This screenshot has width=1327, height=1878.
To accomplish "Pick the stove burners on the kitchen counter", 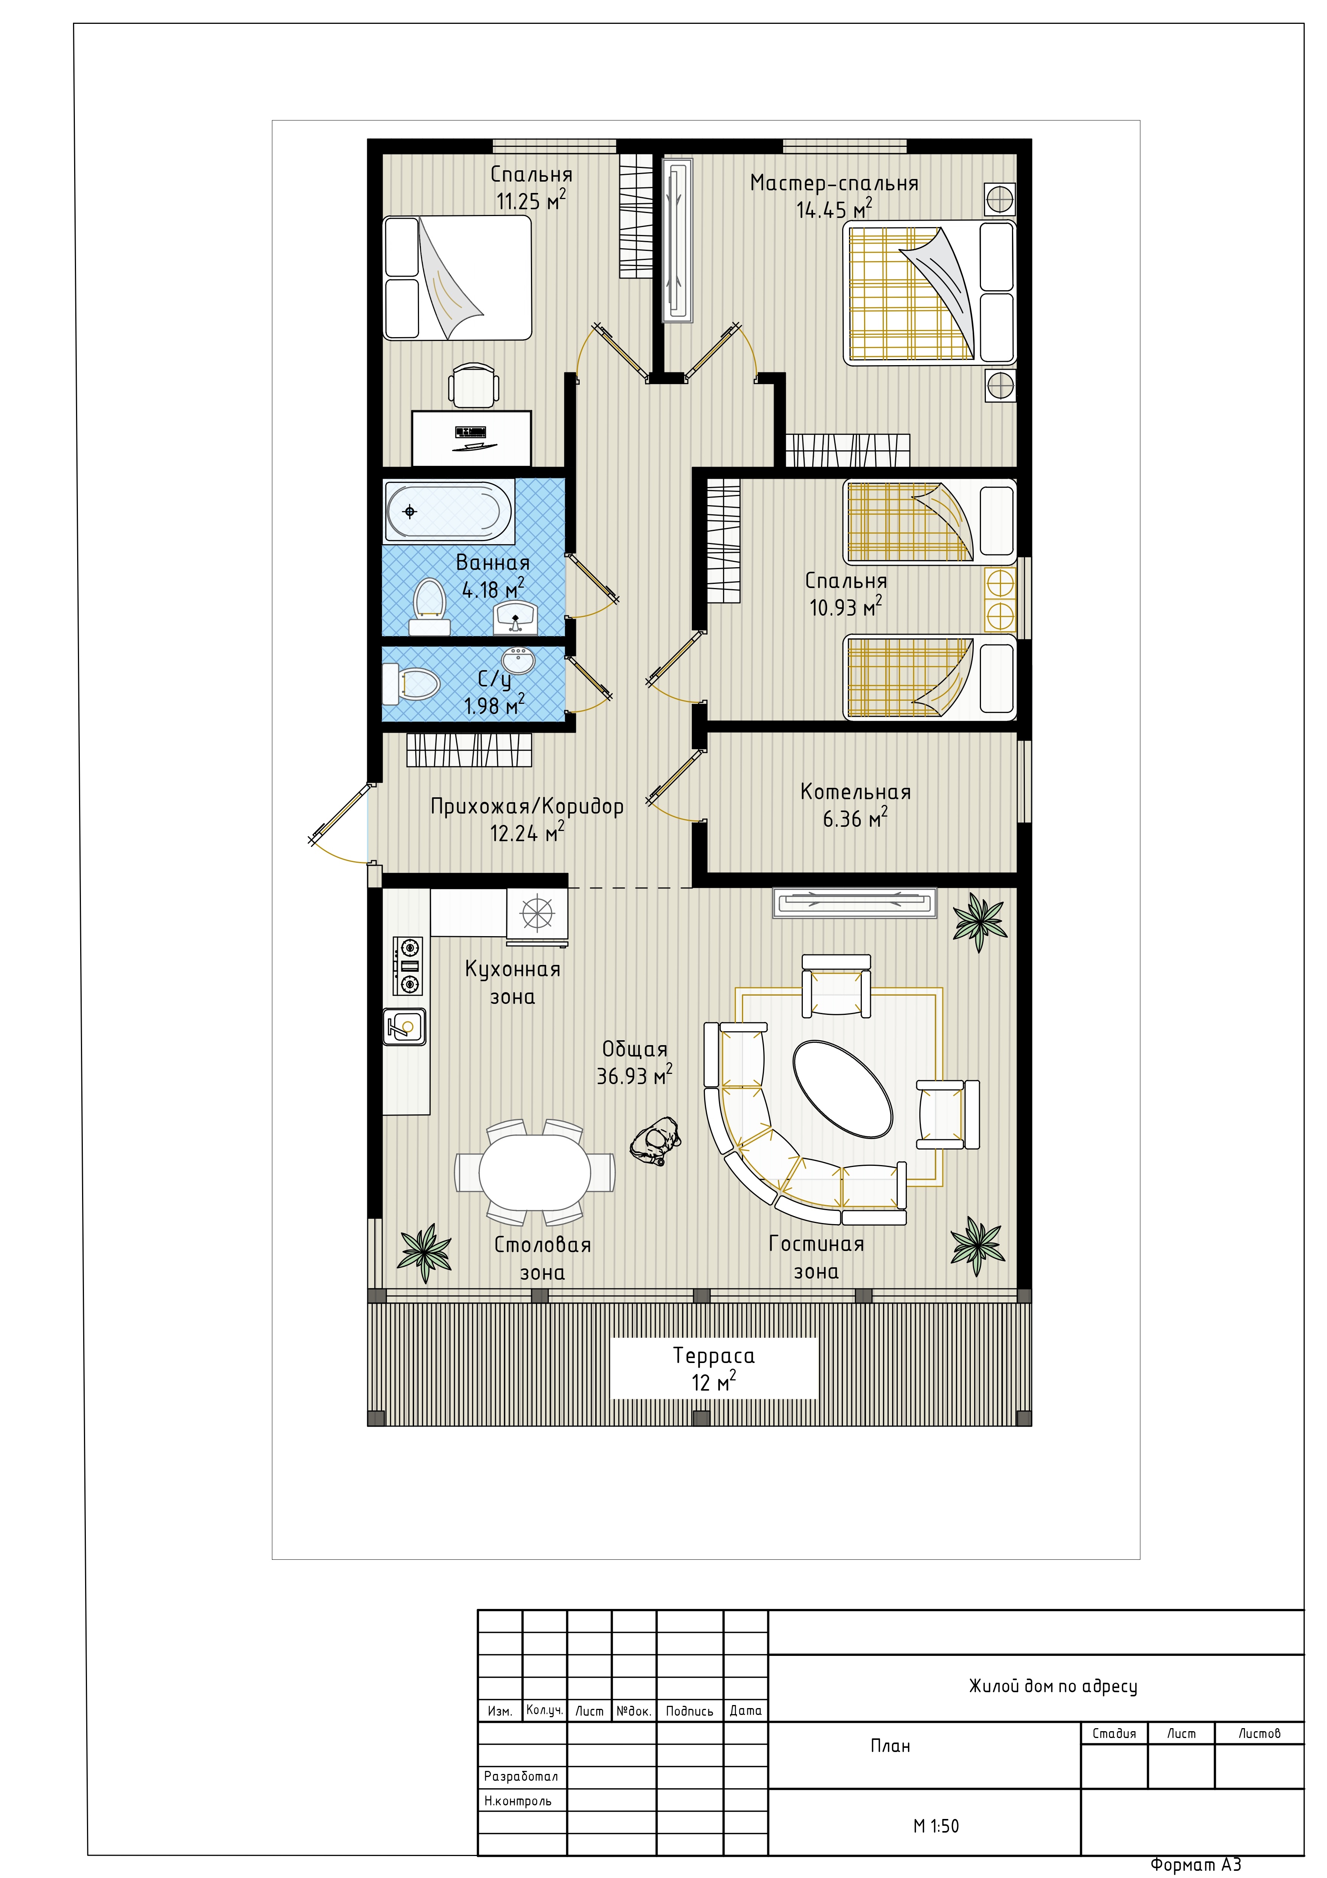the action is [x=408, y=966].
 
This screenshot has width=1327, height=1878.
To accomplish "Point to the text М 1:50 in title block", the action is [x=936, y=1826].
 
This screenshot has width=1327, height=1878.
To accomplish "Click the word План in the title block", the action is [x=890, y=1746].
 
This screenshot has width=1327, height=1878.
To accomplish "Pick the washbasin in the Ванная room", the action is [x=515, y=618].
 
